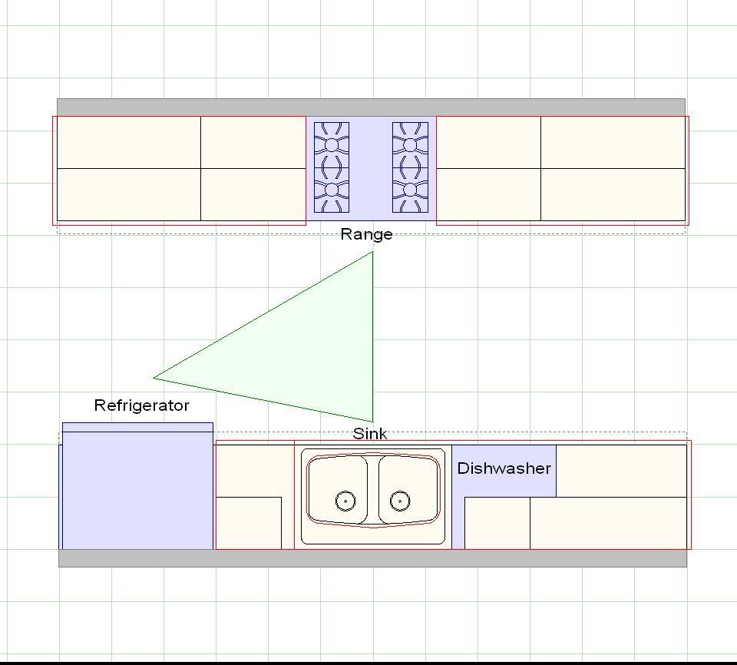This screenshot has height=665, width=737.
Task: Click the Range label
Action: click(x=366, y=234)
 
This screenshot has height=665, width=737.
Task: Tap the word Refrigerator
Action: click(x=141, y=405)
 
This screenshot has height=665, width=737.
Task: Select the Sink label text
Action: click(x=370, y=434)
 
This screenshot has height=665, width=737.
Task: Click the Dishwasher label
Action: click(x=504, y=468)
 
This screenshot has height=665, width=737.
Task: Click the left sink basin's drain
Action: click(x=345, y=501)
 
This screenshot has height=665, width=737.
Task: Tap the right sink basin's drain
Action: click(x=400, y=501)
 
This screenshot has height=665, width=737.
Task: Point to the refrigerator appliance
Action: click(x=137, y=486)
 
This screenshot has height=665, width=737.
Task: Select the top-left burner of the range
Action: click(x=332, y=145)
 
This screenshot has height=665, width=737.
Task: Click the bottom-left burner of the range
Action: click(x=332, y=190)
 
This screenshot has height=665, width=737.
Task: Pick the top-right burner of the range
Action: click(x=410, y=145)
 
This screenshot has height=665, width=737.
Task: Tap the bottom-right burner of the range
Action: click(x=410, y=190)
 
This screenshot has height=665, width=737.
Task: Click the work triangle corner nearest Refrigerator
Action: click(x=154, y=377)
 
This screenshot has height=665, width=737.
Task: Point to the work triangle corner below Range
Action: click(x=373, y=252)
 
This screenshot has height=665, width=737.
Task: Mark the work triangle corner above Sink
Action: click(x=373, y=422)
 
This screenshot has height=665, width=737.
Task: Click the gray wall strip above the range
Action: click(x=371, y=108)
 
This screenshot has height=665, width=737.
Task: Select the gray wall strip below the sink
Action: click(x=372, y=558)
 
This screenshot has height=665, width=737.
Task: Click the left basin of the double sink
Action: click(x=338, y=489)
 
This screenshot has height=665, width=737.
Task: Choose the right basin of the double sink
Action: click(x=409, y=489)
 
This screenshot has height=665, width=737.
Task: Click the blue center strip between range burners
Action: click(x=371, y=168)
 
